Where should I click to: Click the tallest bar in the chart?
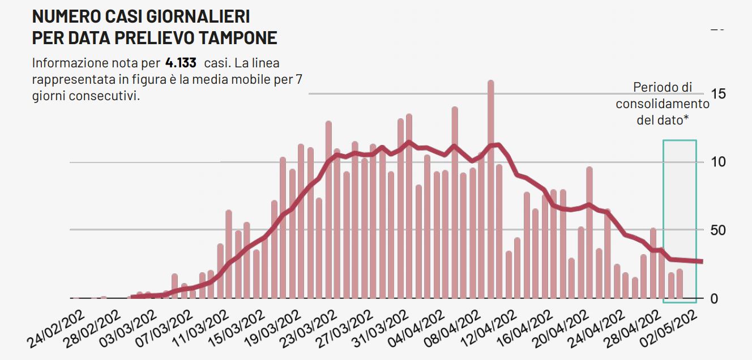[490, 187]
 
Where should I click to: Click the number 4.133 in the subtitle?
[181, 62]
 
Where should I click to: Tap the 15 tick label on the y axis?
[718, 94]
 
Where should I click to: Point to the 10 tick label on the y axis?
[718, 162]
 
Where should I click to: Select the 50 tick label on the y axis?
[718, 230]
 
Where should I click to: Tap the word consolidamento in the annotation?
[663, 104]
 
